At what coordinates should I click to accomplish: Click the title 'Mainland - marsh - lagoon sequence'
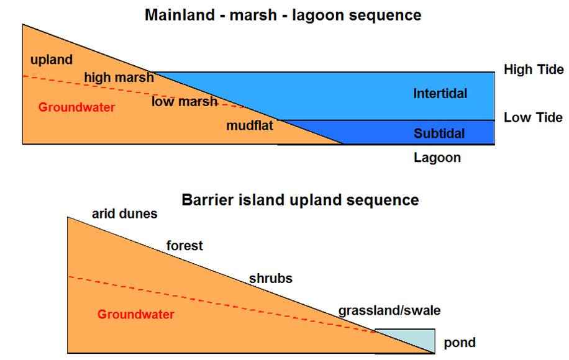(x=283, y=16)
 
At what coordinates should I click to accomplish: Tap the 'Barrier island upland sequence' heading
(x=300, y=200)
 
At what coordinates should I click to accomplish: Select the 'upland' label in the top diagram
(x=52, y=60)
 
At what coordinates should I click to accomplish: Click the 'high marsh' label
(x=119, y=77)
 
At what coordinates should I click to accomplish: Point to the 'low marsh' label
(x=184, y=101)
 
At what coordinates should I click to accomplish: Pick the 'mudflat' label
(x=250, y=125)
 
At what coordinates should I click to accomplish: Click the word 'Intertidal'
(x=440, y=94)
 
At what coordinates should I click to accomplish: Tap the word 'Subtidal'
(x=439, y=133)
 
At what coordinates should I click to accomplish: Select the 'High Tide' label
(x=534, y=70)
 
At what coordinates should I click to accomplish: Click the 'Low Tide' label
(x=533, y=117)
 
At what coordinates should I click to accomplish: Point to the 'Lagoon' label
(x=437, y=158)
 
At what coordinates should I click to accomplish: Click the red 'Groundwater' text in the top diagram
(x=76, y=107)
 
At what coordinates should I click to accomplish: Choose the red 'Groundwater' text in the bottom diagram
(x=135, y=314)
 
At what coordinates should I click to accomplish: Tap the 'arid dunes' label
(x=124, y=214)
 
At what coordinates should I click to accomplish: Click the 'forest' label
(x=184, y=245)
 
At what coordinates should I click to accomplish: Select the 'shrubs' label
(x=270, y=279)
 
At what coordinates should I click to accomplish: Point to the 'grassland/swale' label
(x=389, y=311)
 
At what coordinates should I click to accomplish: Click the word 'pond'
(x=460, y=343)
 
